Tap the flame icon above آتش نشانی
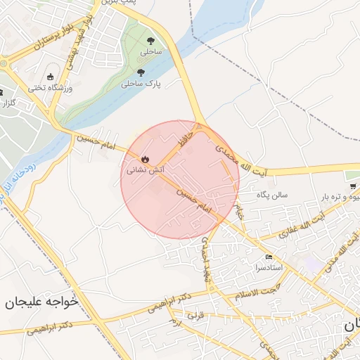click(145, 159)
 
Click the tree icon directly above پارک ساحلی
click(141, 72)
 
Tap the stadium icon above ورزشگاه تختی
click(50, 77)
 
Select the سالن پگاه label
click(273, 194)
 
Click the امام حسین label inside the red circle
click(194, 200)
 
